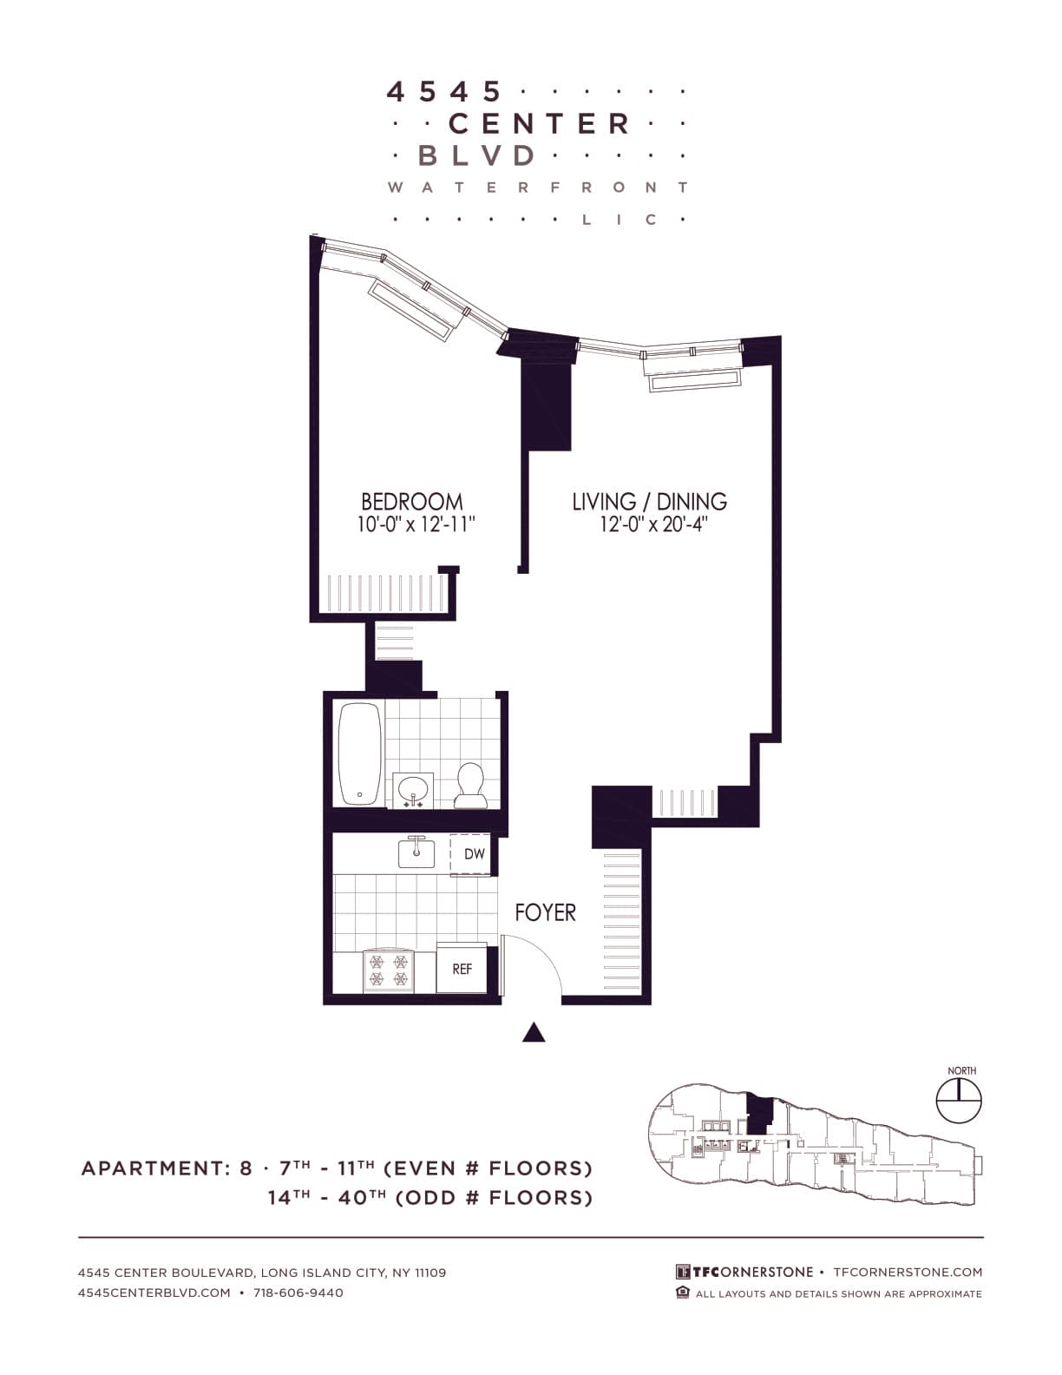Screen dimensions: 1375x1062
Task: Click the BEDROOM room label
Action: (411, 502)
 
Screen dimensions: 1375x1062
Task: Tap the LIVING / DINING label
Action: (649, 502)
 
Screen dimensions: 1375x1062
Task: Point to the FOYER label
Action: (545, 912)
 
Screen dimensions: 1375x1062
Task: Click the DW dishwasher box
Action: (474, 854)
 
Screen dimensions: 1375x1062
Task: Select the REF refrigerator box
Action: (462, 968)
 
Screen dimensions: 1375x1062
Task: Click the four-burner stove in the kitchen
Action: (388, 970)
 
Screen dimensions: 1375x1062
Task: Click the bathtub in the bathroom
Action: (359, 753)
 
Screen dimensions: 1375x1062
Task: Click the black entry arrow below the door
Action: (534, 1031)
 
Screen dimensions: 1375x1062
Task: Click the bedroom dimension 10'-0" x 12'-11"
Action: (416, 525)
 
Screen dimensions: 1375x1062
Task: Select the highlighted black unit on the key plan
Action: (759, 1113)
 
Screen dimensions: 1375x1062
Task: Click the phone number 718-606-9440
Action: (298, 1293)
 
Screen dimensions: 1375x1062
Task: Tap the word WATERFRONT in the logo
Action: (538, 187)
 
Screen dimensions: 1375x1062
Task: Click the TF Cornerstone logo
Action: (744, 1272)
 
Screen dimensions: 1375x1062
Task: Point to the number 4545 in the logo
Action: (444, 91)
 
